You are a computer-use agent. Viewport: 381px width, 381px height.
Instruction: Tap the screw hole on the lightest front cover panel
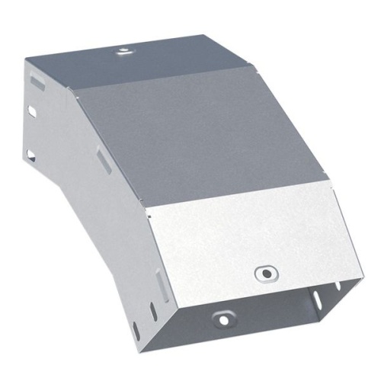(264, 272)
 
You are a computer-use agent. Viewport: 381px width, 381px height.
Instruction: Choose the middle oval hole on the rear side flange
(31, 112)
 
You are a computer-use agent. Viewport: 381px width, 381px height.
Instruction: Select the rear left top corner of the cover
(29, 59)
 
